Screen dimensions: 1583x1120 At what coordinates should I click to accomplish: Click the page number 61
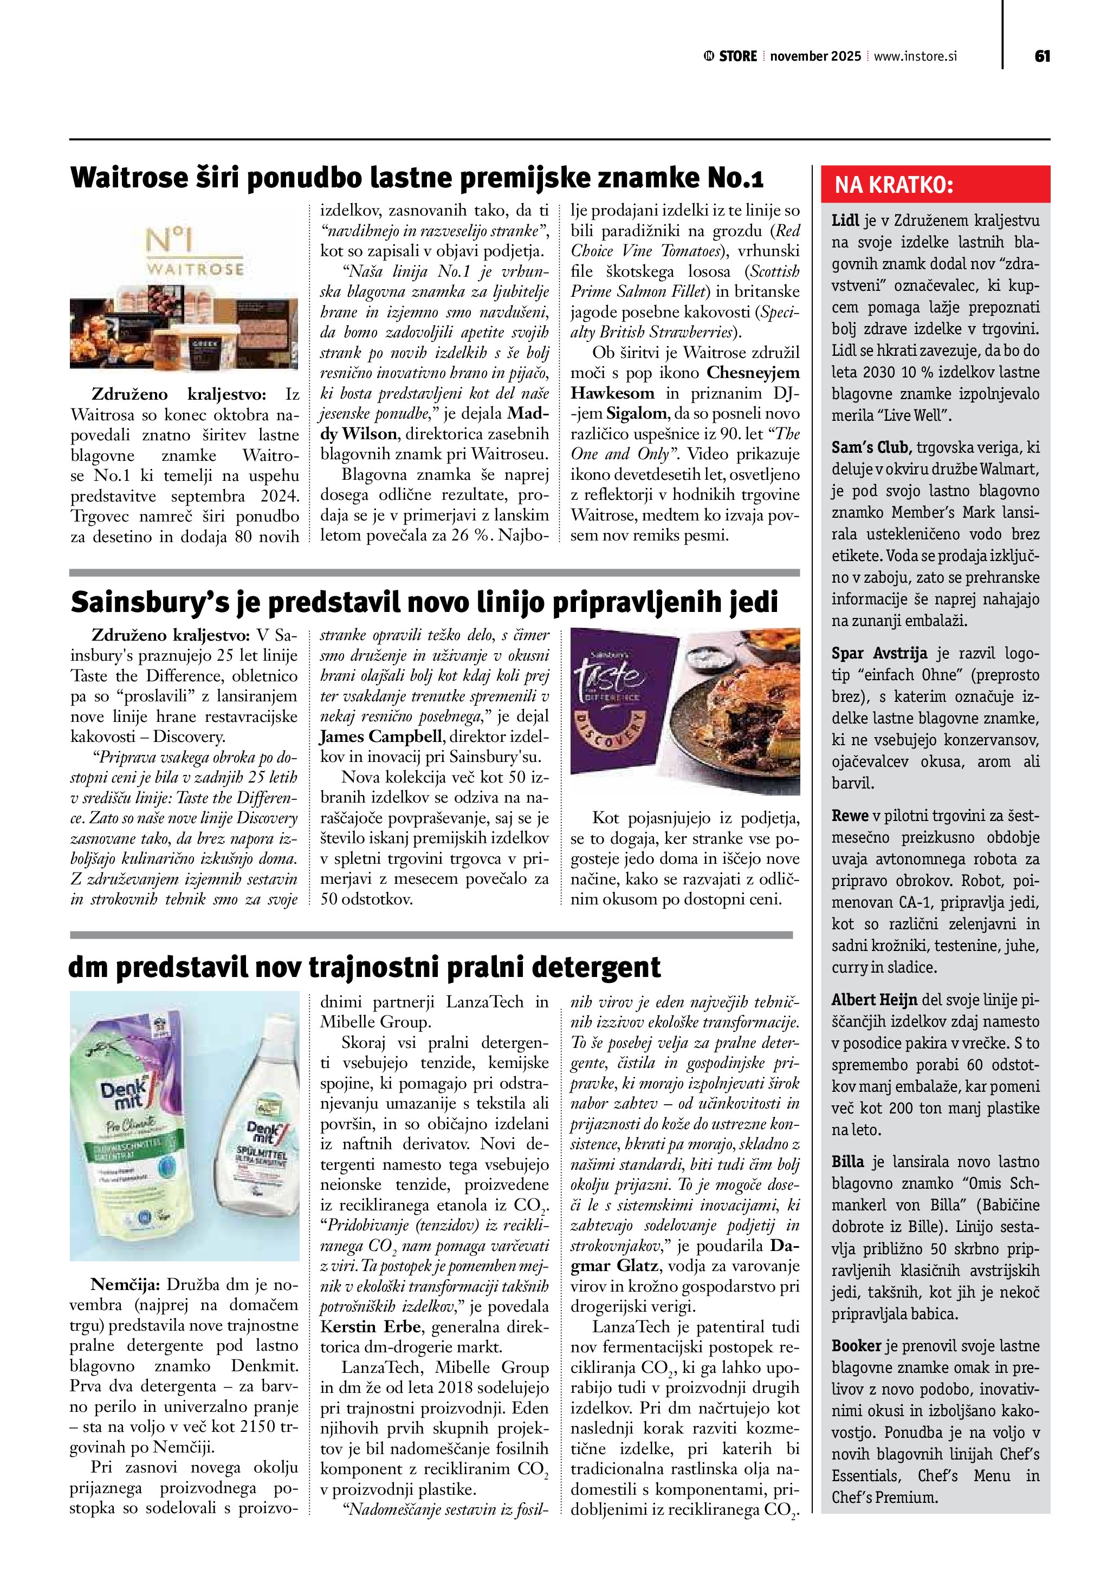click(x=1042, y=56)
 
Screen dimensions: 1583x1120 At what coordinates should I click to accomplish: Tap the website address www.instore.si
click(x=915, y=56)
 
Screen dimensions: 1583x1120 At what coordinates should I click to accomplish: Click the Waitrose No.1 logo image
click(x=195, y=252)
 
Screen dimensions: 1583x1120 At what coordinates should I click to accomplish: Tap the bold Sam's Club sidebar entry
click(x=872, y=447)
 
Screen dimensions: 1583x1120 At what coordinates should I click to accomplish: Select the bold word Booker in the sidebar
click(x=856, y=1346)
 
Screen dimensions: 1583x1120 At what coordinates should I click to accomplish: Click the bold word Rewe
click(x=850, y=816)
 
